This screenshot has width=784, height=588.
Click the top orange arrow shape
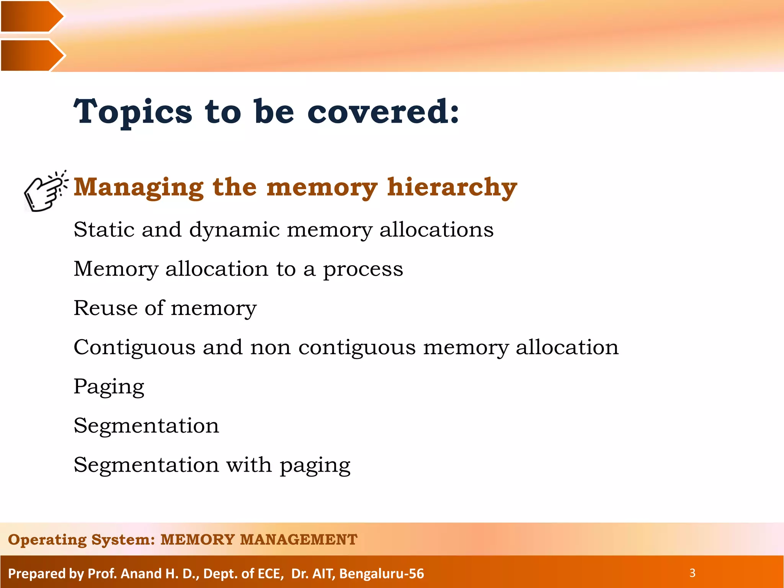pos(31,16)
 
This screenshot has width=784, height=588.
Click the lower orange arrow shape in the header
pos(31,55)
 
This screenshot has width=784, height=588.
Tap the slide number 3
pos(692,573)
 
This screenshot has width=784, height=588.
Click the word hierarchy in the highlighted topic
pos(452,187)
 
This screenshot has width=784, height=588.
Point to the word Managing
pos(138,187)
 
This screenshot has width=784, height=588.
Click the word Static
pos(104,230)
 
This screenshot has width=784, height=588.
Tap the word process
pos(363,269)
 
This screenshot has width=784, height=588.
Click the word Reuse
pos(105,308)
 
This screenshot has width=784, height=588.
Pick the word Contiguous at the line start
pos(134,348)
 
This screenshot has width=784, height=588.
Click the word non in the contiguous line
pos(270,348)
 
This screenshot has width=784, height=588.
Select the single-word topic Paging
pos(109,387)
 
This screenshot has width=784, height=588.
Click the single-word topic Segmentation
pos(146,426)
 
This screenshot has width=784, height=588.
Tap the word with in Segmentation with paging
pos(249,465)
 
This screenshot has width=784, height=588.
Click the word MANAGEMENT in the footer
pos(299,539)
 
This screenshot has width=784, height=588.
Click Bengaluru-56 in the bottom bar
pos(381,573)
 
